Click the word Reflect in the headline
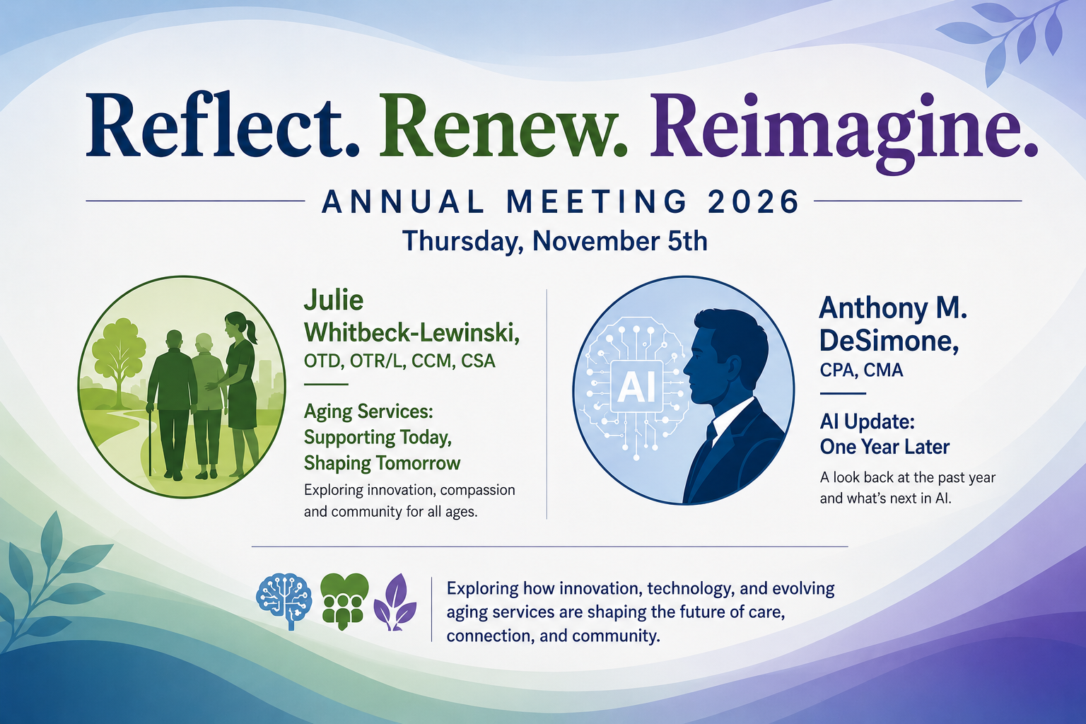click(222, 126)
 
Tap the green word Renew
click(503, 126)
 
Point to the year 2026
click(754, 202)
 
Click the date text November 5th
click(619, 241)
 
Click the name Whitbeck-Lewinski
click(411, 333)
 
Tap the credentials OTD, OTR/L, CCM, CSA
click(399, 361)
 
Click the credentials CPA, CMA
click(862, 370)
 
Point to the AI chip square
click(636, 387)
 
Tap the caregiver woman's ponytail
click(252, 332)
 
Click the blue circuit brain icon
click(284, 601)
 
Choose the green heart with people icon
click(344, 601)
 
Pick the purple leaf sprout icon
click(395, 602)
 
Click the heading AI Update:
click(867, 421)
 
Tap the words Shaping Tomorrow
click(382, 463)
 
